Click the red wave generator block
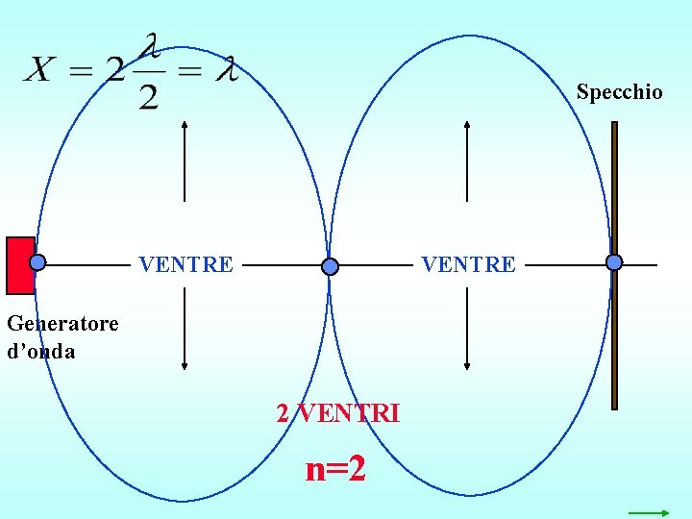pyautogui.click(x=19, y=264)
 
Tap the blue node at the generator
pyautogui.click(x=37, y=261)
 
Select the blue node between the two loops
pyautogui.click(x=331, y=266)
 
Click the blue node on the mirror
pyautogui.click(x=614, y=261)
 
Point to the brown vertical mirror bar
pyautogui.click(x=615, y=336)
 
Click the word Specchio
pyautogui.click(x=619, y=92)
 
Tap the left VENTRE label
pyautogui.click(x=186, y=264)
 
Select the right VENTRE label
pyautogui.click(x=469, y=264)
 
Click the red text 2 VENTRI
pyautogui.click(x=338, y=413)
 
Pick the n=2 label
pyautogui.click(x=335, y=469)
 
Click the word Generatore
pyautogui.click(x=62, y=323)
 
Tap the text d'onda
pyautogui.click(x=40, y=352)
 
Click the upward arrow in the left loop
pyautogui.click(x=184, y=159)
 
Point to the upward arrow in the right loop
pyautogui.click(x=466, y=159)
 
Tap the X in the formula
pyautogui.click(x=40, y=70)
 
